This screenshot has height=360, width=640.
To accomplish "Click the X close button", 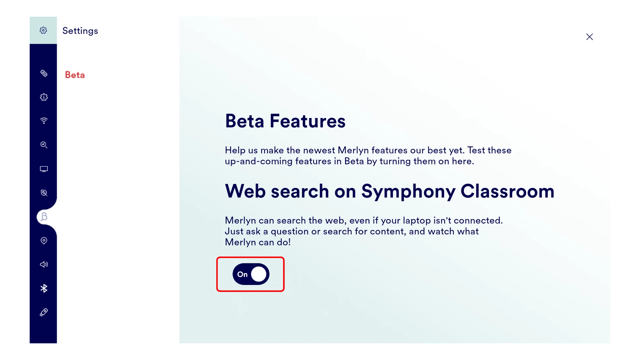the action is click(x=589, y=37).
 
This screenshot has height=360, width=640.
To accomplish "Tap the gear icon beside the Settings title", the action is click(x=43, y=30).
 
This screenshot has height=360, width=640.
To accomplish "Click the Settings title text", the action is click(x=80, y=31).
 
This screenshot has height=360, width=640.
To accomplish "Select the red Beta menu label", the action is click(x=75, y=75).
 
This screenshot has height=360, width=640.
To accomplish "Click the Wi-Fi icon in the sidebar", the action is click(x=44, y=121).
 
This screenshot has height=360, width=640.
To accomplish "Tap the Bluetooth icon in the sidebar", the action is click(x=44, y=288).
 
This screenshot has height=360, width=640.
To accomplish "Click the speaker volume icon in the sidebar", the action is click(x=44, y=264).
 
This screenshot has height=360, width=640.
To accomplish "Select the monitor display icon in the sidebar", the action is click(x=44, y=169).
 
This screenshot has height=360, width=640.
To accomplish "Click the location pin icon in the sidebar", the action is click(x=44, y=241).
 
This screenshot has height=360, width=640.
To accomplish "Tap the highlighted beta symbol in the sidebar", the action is click(x=44, y=217).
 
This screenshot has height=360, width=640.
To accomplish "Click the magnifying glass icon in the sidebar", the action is click(x=44, y=145).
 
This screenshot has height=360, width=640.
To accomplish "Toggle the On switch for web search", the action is click(x=251, y=274).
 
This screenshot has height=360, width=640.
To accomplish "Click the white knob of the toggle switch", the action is click(x=259, y=274).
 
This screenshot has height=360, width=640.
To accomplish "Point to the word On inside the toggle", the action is click(x=242, y=274).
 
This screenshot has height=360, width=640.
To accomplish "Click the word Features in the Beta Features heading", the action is click(x=307, y=121).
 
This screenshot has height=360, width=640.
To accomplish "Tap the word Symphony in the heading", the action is click(x=408, y=192).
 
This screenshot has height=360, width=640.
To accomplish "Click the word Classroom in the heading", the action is click(x=507, y=191).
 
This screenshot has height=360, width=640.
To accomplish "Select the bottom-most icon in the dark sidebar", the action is click(x=44, y=312).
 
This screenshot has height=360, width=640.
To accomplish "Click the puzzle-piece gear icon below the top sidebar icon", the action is click(x=44, y=97).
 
